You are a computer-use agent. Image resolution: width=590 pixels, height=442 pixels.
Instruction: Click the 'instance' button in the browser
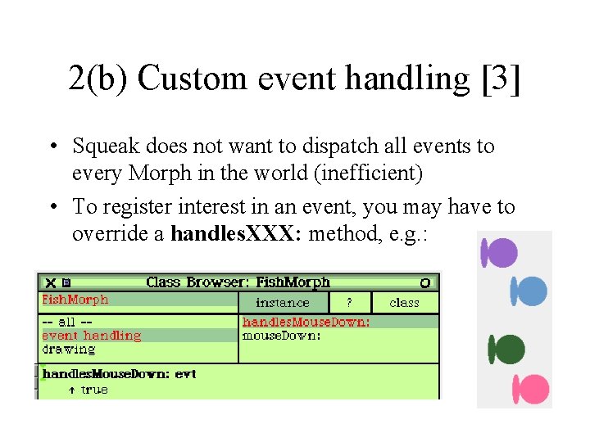coord(283,303)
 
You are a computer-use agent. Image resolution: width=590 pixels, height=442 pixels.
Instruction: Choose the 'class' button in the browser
coord(404,303)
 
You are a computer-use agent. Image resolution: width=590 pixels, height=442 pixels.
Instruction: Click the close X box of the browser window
coord(50,282)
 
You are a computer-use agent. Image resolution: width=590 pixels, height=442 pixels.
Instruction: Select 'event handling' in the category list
coord(91,336)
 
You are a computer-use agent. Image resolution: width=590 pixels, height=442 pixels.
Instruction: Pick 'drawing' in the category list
coord(69,350)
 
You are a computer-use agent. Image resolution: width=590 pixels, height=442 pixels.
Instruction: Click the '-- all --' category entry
coord(69,322)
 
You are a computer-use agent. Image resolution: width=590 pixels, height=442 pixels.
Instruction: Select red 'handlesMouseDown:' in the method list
coord(306,322)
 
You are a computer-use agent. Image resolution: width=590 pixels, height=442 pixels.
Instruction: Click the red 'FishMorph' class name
coord(75,300)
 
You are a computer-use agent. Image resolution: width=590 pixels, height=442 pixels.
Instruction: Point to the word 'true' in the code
coord(94,390)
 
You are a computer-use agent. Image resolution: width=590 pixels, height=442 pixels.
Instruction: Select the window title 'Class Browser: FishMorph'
coord(238,282)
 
